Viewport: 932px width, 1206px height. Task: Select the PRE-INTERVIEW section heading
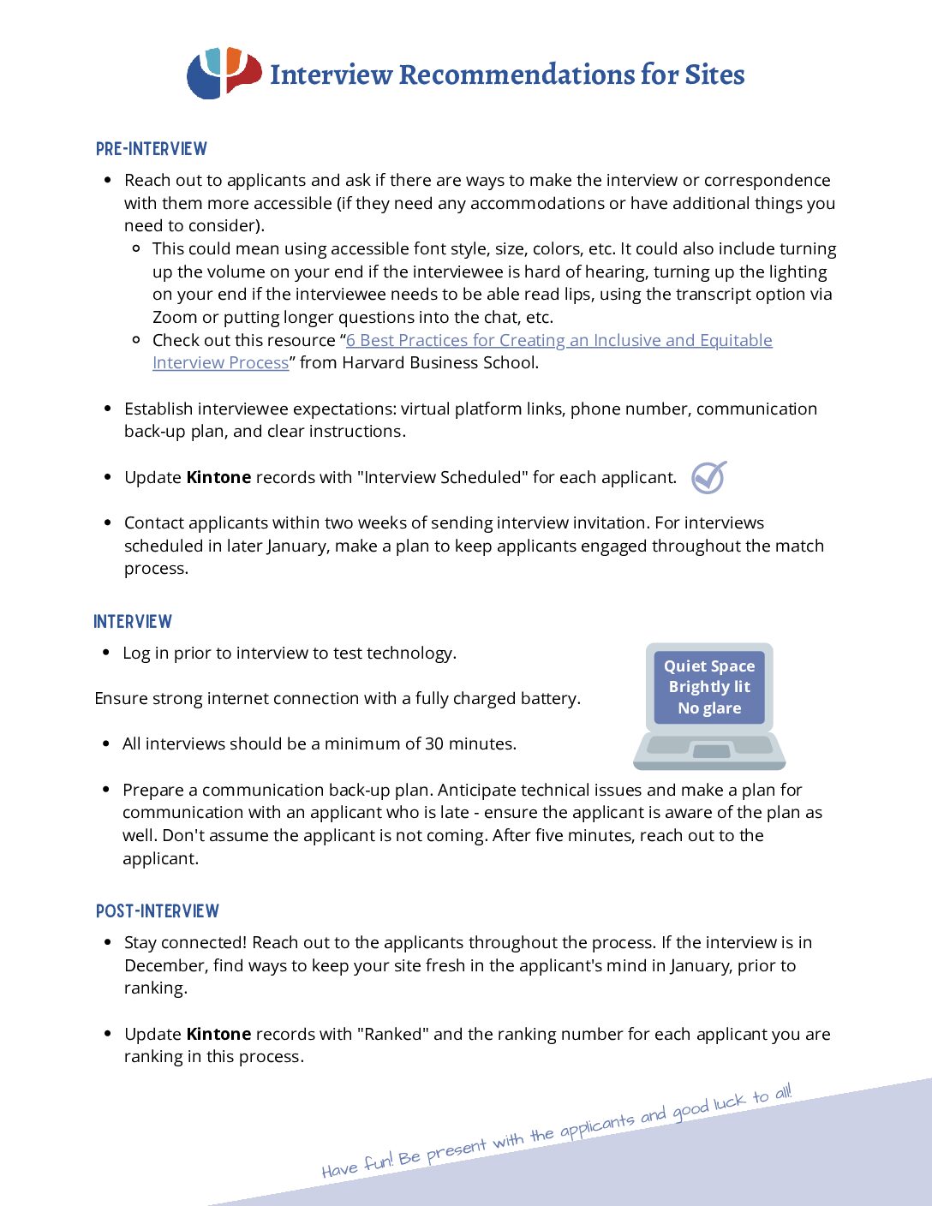point(152,149)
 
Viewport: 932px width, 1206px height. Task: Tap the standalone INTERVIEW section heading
point(133,622)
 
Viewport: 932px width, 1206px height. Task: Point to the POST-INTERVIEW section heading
point(158,911)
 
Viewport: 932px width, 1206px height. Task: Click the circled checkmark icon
point(708,477)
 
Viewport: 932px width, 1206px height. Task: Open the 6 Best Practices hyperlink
point(559,340)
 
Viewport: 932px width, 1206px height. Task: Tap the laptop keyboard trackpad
point(711,751)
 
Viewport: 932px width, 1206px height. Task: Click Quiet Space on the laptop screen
point(709,666)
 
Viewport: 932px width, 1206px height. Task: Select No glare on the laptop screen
point(709,707)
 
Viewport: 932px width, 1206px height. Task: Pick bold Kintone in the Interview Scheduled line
point(218,477)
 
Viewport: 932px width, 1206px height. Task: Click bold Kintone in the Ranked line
point(218,1034)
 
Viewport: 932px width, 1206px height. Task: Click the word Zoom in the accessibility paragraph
point(175,317)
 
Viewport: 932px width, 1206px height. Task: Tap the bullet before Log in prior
point(105,653)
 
